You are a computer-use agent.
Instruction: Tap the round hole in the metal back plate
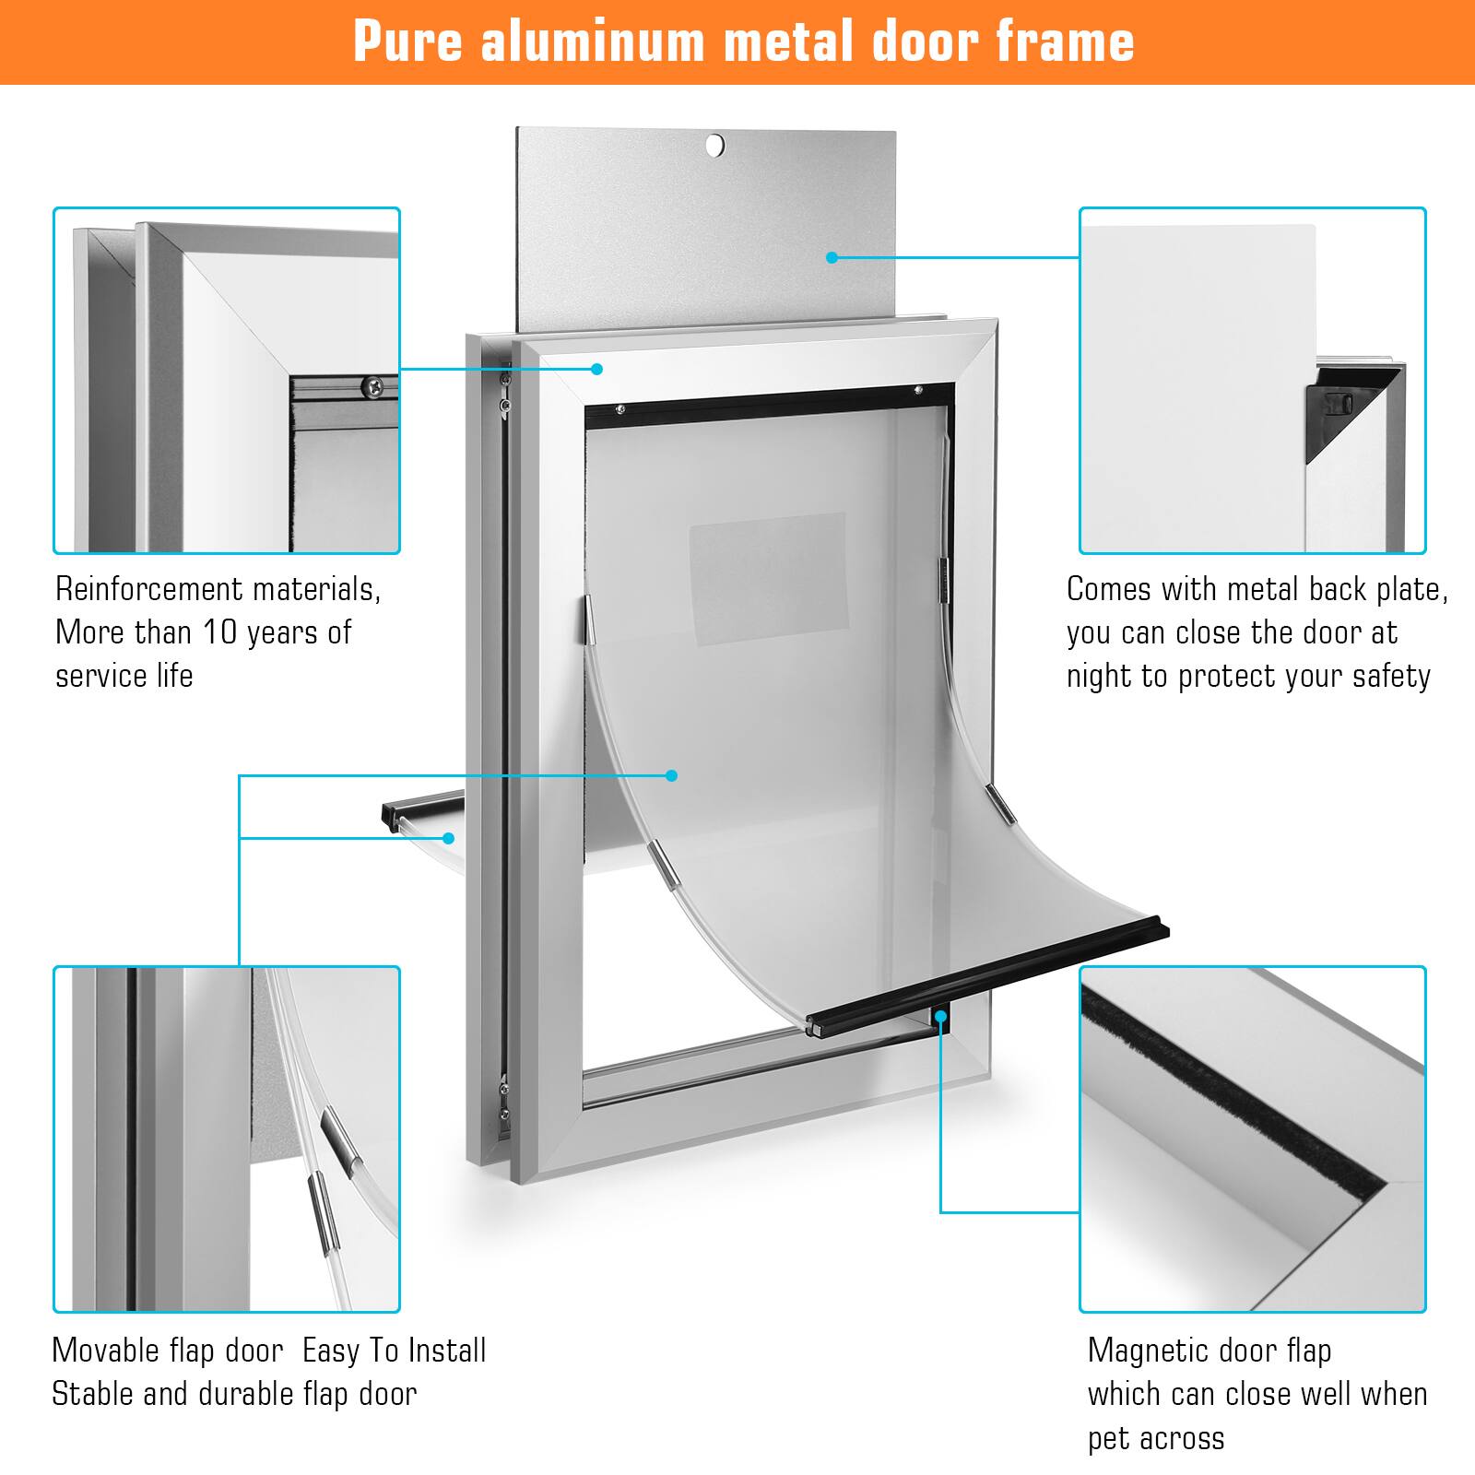pos(715,145)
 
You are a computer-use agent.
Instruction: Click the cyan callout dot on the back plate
pos(832,257)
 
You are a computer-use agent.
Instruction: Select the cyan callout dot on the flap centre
pos(672,775)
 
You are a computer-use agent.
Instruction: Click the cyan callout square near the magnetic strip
pos(940,1017)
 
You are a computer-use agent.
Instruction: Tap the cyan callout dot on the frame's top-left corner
pos(596,369)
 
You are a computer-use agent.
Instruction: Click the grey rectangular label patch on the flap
pos(767,579)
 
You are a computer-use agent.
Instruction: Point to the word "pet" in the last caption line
pos(1109,1438)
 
